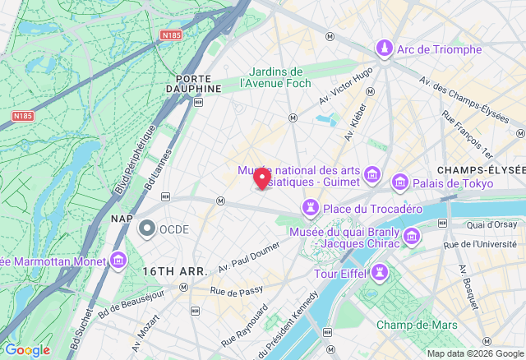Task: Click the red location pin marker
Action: pos(262,178)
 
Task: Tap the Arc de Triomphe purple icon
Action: pos(384,49)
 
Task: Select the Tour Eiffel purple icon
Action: pos(380,272)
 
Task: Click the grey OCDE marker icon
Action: pos(147,228)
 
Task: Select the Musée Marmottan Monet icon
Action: pos(118,261)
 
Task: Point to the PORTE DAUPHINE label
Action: pos(194,82)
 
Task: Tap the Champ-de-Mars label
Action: pos(424,325)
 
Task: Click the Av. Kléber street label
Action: pos(357,127)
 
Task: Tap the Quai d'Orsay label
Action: pos(491,224)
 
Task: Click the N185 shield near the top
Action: pos(172,35)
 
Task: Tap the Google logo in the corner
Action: pos(27,350)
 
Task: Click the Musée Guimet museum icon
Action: pos(372,174)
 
